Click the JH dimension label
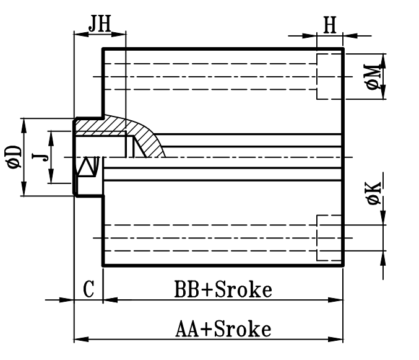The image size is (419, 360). tap(99, 25)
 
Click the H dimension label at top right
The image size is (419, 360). tap(330, 25)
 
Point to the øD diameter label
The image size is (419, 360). tap(14, 157)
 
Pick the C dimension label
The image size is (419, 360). tap(89, 290)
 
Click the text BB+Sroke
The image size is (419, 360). tap(223, 289)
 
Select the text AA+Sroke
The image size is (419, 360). tap(223, 328)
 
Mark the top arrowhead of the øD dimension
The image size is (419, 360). tap(24, 123)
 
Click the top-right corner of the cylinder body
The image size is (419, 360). tap(343, 49)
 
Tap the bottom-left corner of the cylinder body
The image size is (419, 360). tap(103, 265)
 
